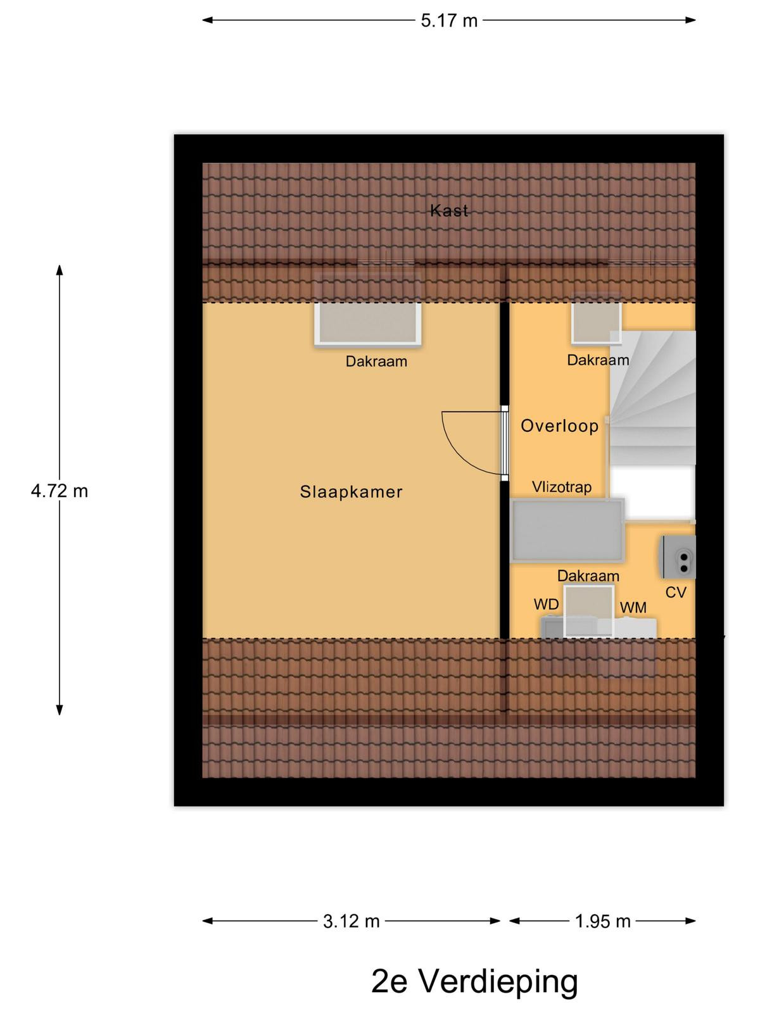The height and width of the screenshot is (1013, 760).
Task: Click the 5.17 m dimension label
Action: point(448,21)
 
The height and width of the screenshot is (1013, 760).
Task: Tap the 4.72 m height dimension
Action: point(60,491)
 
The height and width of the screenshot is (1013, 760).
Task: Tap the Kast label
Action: point(449,211)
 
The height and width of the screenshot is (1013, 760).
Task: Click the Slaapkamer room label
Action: point(351,492)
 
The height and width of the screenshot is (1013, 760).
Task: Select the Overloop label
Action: point(559,425)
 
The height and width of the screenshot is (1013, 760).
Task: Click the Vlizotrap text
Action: point(562,487)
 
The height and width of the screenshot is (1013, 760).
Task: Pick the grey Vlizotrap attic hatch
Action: point(567,531)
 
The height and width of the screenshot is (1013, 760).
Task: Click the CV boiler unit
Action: point(679,557)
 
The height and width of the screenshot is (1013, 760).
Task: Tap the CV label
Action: point(676,592)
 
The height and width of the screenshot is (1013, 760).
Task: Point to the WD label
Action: point(547,604)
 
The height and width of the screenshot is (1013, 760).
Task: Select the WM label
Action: point(633,607)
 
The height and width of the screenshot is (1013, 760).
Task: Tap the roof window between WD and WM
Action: point(589,612)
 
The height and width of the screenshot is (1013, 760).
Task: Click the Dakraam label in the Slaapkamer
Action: point(377,361)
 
